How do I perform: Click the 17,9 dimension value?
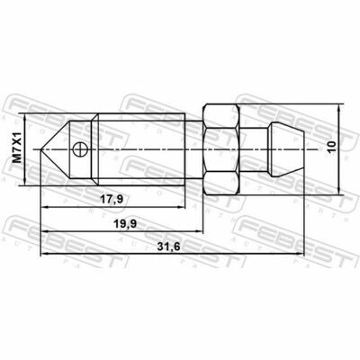[x=112, y=199]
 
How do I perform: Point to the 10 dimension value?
[x=332, y=148]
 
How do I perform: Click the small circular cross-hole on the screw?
[x=79, y=149]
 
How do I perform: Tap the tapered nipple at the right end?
[x=286, y=149]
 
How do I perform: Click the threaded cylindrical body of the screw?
[x=141, y=149]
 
